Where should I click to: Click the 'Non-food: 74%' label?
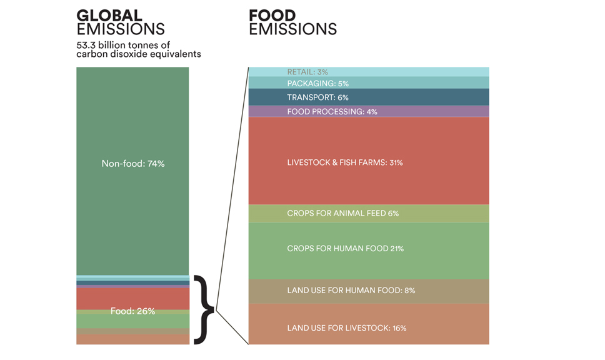click(132, 164)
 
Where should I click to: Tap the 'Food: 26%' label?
click(132, 311)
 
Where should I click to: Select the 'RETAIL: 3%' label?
click(307, 72)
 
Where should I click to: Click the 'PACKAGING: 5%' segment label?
click(317, 83)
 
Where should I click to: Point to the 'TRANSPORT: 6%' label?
click(317, 97)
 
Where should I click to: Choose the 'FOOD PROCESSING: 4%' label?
click(332, 112)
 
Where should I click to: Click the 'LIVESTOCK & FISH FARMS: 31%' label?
click(344, 162)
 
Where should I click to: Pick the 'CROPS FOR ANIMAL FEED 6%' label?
click(342, 213)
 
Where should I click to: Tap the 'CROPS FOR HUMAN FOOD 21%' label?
click(345, 249)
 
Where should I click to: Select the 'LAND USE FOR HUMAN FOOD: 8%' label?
click(351, 291)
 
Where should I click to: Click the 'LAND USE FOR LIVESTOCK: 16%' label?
click(346, 328)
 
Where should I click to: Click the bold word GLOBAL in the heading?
click(109, 15)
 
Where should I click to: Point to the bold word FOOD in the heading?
click(272, 15)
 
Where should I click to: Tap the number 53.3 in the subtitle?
click(86, 44)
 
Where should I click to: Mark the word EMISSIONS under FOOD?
click(292, 29)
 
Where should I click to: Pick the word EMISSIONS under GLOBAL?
click(121, 29)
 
